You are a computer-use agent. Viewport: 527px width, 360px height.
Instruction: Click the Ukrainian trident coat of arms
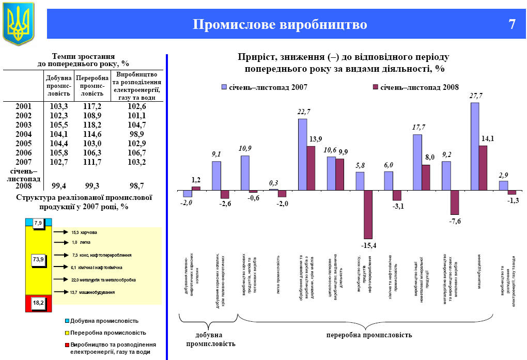click(x=18, y=23)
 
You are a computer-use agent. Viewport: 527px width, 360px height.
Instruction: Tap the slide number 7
click(x=512, y=24)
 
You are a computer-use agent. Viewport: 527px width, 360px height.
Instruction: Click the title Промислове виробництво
click(x=280, y=24)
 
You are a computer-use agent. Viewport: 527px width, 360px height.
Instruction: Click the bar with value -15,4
click(x=368, y=214)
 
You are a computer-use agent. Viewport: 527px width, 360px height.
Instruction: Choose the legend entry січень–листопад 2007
click(x=264, y=87)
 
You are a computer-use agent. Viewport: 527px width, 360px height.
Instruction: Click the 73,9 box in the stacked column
click(x=38, y=260)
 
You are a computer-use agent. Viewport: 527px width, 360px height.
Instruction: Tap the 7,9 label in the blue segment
click(x=38, y=223)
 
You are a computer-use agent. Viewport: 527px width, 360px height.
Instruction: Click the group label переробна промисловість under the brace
click(x=369, y=335)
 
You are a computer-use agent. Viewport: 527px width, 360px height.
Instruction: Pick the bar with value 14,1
click(x=483, y=167)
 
